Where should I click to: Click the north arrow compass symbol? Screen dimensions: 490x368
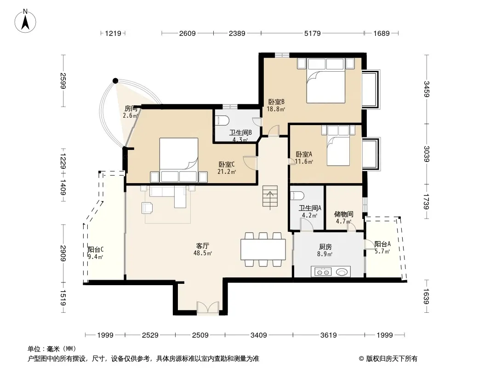click(25, 21)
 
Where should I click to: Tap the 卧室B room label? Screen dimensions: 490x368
click(276, 102)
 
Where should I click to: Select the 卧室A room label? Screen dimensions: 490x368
click(304, 155)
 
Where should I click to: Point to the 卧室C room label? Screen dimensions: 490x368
click(227, 164)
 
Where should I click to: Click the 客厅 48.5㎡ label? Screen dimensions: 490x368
click(203, 249)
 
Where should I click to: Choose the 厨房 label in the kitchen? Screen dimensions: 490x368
click(325, 247)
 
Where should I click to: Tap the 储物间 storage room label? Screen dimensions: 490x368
click(343, 214)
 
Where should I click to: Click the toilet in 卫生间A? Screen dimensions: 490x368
click(297, 195)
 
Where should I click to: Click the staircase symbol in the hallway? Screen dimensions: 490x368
click(270, 198)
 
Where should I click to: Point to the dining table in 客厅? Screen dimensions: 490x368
click(263, 249)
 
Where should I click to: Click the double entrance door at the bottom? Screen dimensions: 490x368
click(208, 308)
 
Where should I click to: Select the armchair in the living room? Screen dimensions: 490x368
click(147, 208)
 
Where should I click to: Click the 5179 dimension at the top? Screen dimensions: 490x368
click(312, 33)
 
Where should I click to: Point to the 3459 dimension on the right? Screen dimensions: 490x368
click(427, 89)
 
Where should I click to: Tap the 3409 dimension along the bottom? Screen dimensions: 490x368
click(259, 335)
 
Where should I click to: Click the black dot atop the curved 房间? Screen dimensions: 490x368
click(116, 81)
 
